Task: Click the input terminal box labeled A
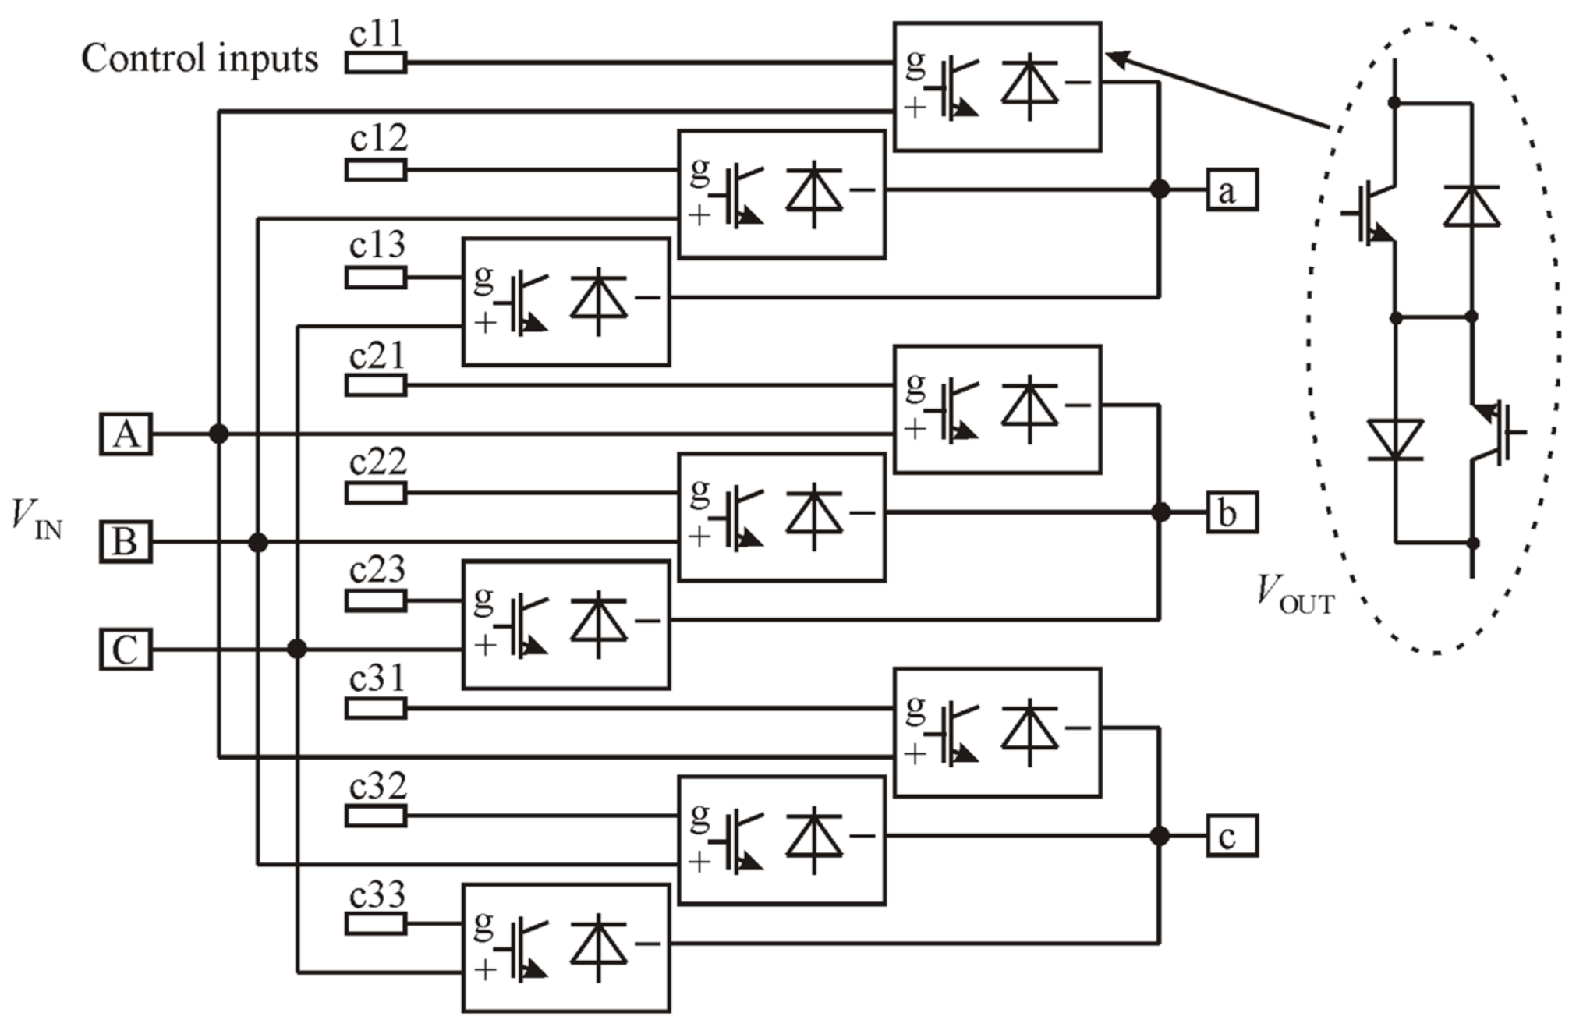tap(126, 434)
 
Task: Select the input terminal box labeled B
tap(126, 541)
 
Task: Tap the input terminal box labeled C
tap(126, 649)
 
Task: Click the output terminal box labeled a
tap(1232, 189)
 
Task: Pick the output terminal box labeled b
tap(1232, 512)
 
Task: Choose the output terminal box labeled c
tap(1232, 836)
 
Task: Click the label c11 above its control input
tap(377, 34)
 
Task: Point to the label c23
tap(377, 569)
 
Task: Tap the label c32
tap(377, 785)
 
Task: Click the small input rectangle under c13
tap(376, 278)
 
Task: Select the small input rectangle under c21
tap(376, 385)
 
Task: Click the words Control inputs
tap(200, 59)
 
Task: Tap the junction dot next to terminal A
tap(219, 434)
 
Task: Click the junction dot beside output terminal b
tap(1160, 512)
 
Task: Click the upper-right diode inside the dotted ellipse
tap(1471, 207)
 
